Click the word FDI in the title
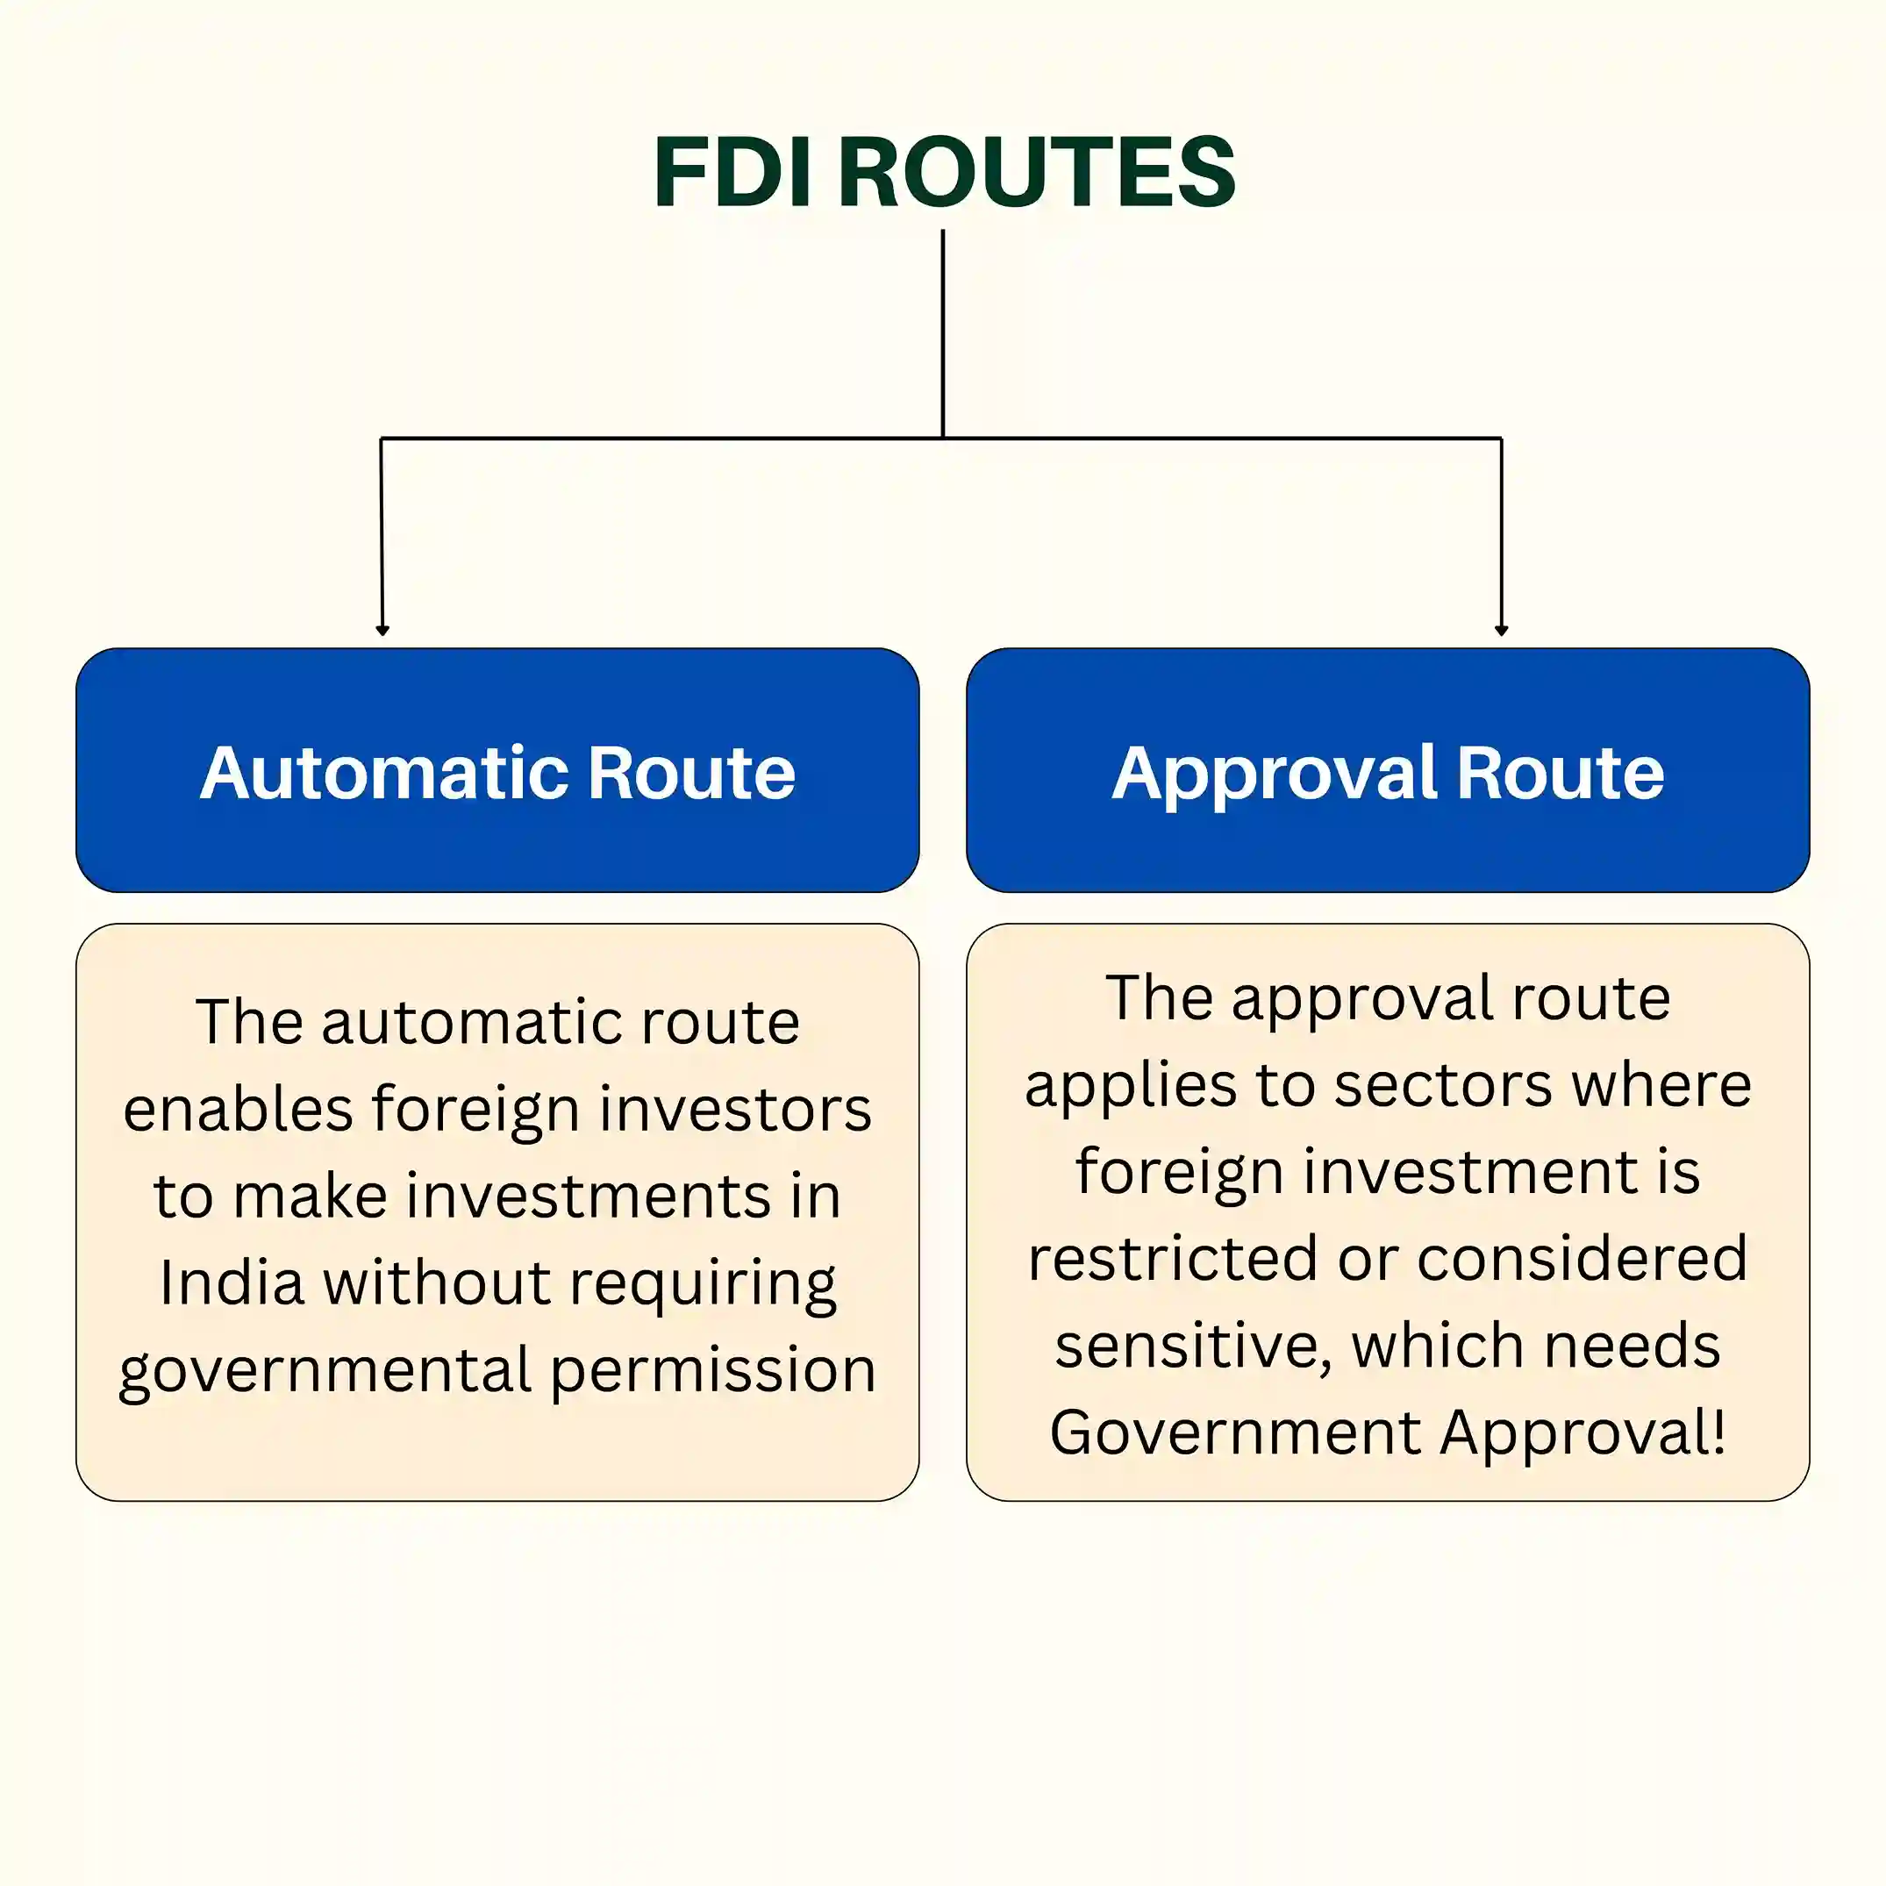coord(732,172)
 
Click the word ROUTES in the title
coord(1037,172)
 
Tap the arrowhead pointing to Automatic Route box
coord(382,630)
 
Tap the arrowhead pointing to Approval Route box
coord(1502,630)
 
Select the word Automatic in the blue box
coord(383,773)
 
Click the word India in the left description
coord(232,1282)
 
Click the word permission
coord(712,1370)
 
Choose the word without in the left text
coord(438,1282)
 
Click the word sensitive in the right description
coord(1193,1347)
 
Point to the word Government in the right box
coord(1235,1433)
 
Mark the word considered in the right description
coord(1582,1260)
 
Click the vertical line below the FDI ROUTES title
coord(943,332)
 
